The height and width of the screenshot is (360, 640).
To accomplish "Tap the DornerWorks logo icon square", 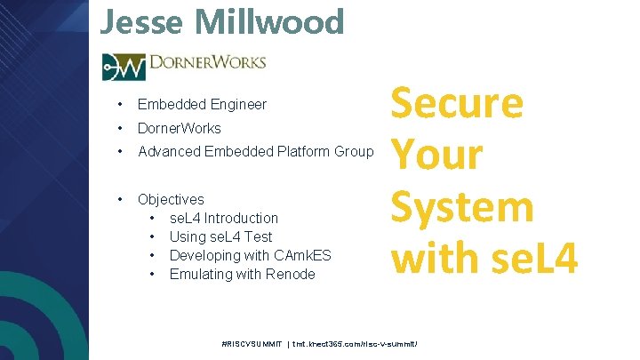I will pos(124,67).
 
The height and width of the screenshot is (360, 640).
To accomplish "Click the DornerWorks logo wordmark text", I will pos(207,65).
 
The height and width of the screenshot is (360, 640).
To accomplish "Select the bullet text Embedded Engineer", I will pos(202,105).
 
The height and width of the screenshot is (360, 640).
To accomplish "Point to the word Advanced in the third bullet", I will pos(169,151).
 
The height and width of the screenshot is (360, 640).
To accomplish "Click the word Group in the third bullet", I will pos(353,151).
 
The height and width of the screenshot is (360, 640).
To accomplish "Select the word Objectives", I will pos(171,199).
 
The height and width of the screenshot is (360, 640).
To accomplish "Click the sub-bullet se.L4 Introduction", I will pos(223,218).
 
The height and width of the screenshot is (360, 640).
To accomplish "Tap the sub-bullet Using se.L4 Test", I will pos(220,236).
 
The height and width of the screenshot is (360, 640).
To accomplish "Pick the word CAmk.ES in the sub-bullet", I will pos(302,255).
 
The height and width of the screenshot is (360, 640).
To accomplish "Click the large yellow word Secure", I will pos(458,104).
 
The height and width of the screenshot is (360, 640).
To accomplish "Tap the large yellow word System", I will pos(462,207).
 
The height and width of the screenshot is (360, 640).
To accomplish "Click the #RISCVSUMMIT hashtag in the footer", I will pos(252,343).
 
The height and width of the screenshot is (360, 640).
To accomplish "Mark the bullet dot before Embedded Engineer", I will pos(119,105).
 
